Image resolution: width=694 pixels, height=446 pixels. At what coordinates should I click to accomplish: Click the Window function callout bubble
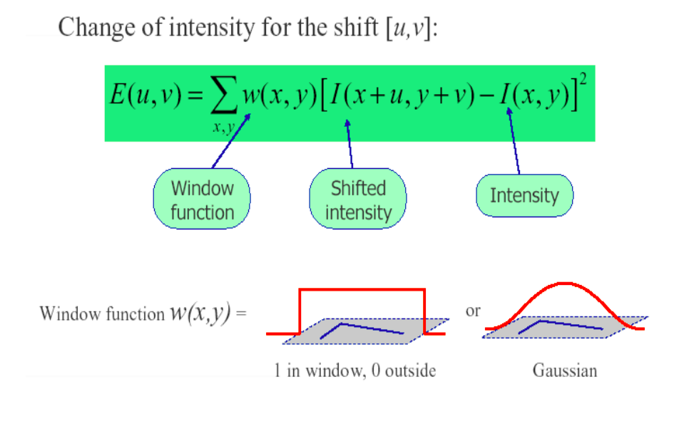202,199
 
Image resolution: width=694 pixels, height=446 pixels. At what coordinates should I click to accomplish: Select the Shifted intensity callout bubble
358,199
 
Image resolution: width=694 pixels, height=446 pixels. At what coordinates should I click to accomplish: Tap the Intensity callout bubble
524,195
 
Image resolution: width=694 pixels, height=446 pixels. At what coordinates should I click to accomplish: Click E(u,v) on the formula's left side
146,95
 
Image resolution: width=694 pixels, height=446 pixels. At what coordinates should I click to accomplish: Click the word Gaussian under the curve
565,370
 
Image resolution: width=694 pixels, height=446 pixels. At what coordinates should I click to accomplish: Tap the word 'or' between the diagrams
473,311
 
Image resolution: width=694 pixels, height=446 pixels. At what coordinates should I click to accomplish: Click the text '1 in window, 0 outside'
354,370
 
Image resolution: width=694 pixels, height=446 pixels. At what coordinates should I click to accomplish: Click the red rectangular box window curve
362,289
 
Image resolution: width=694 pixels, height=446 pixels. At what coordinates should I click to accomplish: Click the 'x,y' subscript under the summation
223,127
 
